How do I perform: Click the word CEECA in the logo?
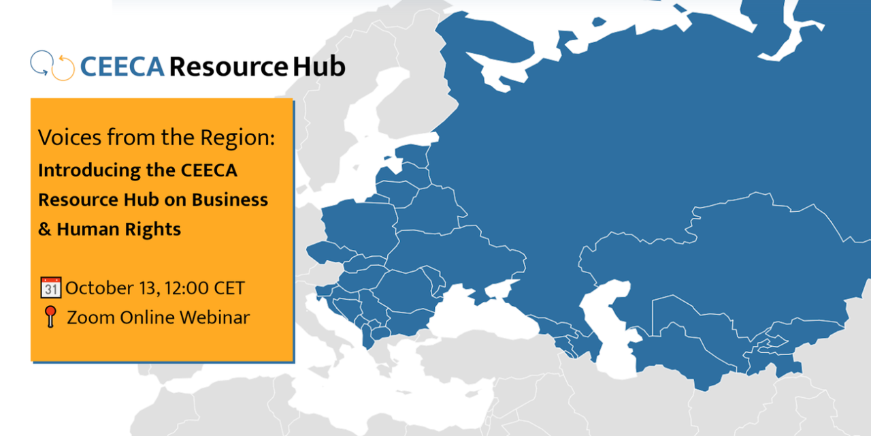[x=122, y=67]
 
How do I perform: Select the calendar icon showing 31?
[x=51, y=287]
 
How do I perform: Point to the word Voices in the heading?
[x=68, y=138]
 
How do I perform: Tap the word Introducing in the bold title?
[x=81, y=170]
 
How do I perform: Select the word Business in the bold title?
[x=229, y=200]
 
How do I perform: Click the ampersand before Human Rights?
[x=45, y=230]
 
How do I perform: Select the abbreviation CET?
[x=229, y=287]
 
